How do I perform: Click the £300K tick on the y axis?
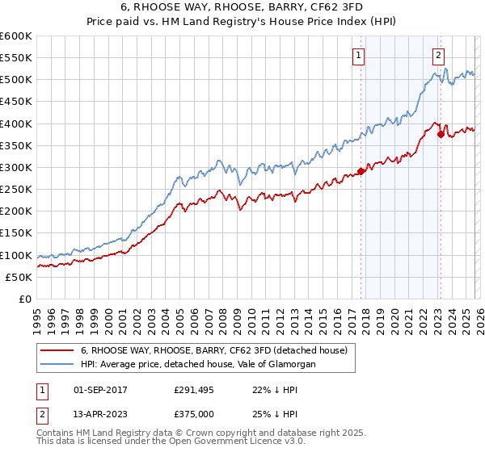click(16, 167)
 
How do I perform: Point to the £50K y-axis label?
click(19, 277)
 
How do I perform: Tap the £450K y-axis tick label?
click(16, 102)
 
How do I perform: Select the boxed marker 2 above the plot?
click(437, 56)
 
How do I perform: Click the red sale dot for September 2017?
click(361, 171)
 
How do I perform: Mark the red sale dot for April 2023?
click(441, 135)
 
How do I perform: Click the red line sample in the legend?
click(57, 350)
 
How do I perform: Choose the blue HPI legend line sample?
click(57, 365)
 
